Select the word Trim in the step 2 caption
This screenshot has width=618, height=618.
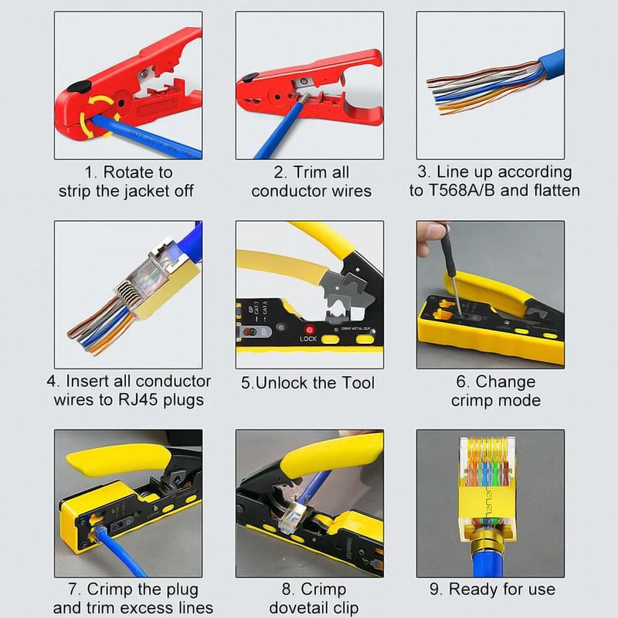[308, 172]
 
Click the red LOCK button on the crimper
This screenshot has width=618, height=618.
[310, 330]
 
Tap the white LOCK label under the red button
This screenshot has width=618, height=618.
[308, 339]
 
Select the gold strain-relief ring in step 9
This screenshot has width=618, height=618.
[487, 544]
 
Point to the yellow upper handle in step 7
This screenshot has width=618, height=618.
[118, 459]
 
